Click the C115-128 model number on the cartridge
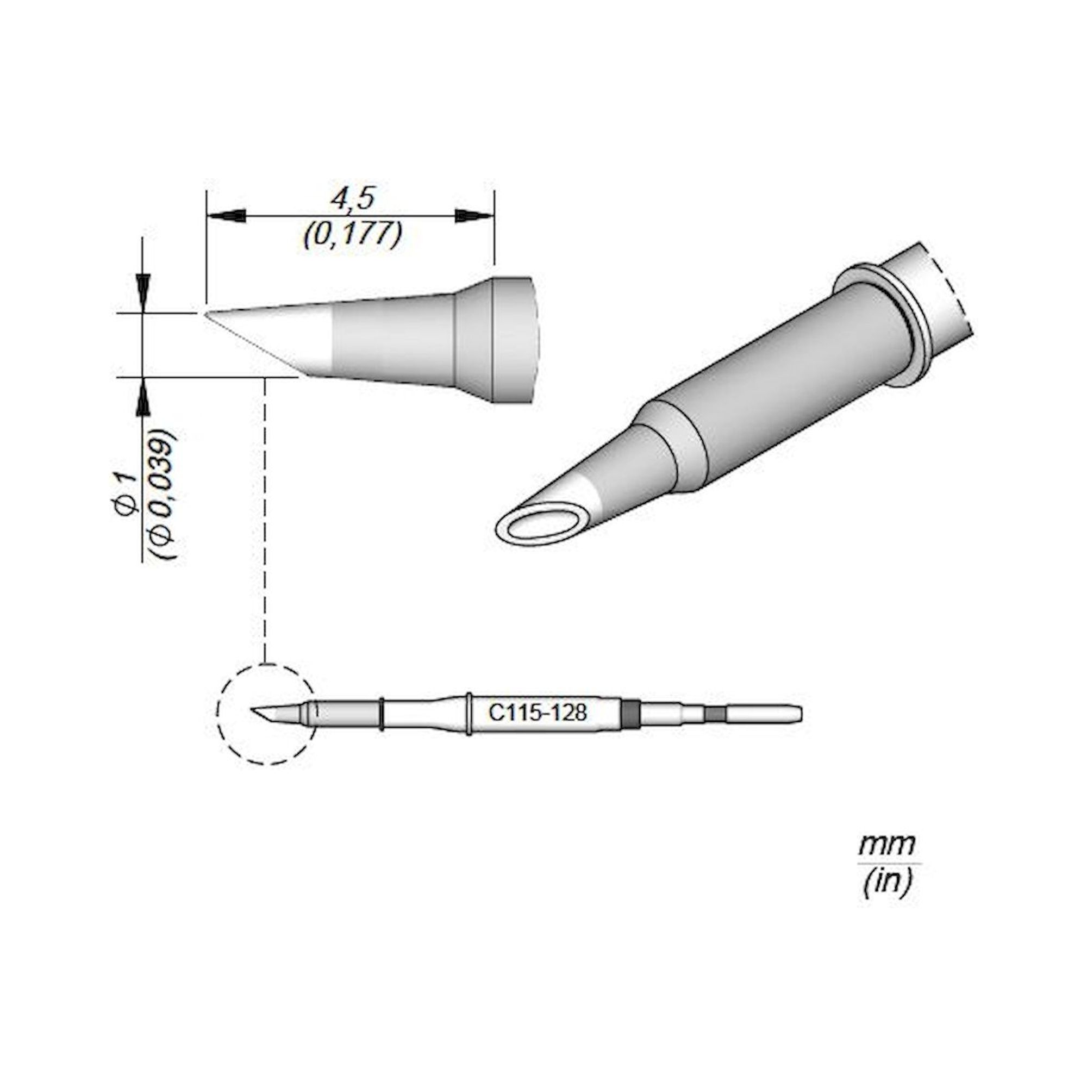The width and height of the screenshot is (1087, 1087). (x=538, y=714)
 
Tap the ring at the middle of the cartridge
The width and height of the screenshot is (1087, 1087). (x=468, y=714)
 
